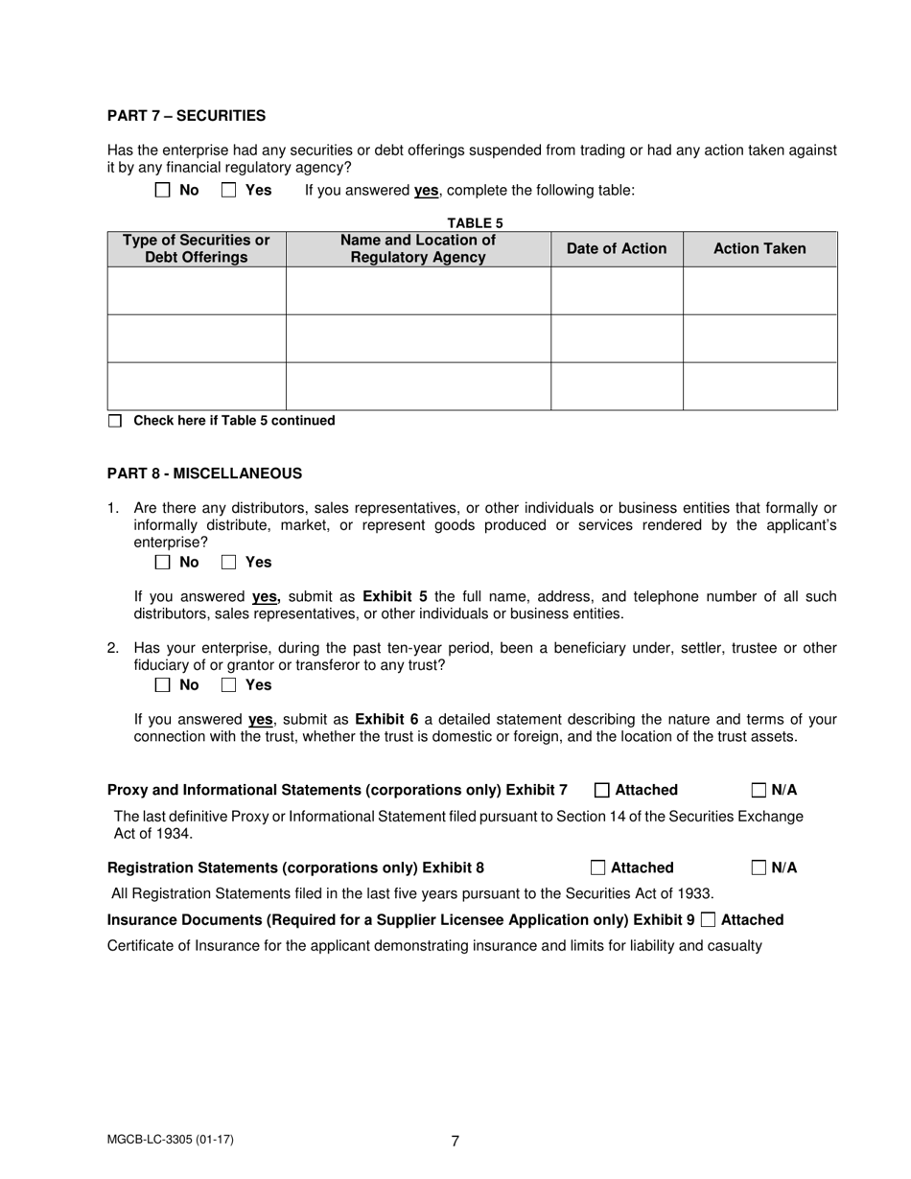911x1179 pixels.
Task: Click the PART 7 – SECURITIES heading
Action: pyautogui.click(x=186, y=116)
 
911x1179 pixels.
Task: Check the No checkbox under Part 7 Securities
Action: pyautogui.click(x=163, y=190)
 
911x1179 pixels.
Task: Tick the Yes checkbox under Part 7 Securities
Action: pyautogui.click(x=229, y=190)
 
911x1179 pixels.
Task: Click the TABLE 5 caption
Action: pyautogui.click(x=475, y=223)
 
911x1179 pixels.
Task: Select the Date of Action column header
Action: pyautogui.click(x=617, y=249)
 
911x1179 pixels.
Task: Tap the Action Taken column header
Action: pyautogui.click(x=759, y=249)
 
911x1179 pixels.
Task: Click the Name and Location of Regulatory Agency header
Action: pyautogui.click(x=418, y=249)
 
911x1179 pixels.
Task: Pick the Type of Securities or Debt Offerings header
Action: pyautogui.click(x=197, y=249)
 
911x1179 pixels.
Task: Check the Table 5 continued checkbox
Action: pyautogui.click(x=115, y=421)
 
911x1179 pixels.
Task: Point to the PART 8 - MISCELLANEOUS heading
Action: pyautogui.click(x=204, y=474)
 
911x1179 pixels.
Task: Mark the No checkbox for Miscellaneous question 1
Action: pyautogui.click(x=163, y=562)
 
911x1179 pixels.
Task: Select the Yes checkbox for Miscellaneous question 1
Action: pyautogui.click(x=229, y=562)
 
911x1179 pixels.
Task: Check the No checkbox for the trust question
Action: pyautogui.click(x=163, y=684)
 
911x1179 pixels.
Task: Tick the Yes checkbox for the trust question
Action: pyautogui.click(x=229, y=684)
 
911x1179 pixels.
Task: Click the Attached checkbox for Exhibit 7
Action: pyautogui.click(x=602, y=791)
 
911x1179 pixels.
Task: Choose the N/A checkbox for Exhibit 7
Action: pyautogui.click(x=759, y=791)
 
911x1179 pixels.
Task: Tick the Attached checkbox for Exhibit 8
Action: pyautogui.click(x=598, y=868)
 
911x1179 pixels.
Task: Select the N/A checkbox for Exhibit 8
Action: pyautogui.click(x=759, y=868)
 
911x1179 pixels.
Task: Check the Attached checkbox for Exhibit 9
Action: pyautogui.click(x=709, y=920)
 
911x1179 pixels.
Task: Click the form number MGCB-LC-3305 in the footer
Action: pyautogui.click(x=171, y=1140)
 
